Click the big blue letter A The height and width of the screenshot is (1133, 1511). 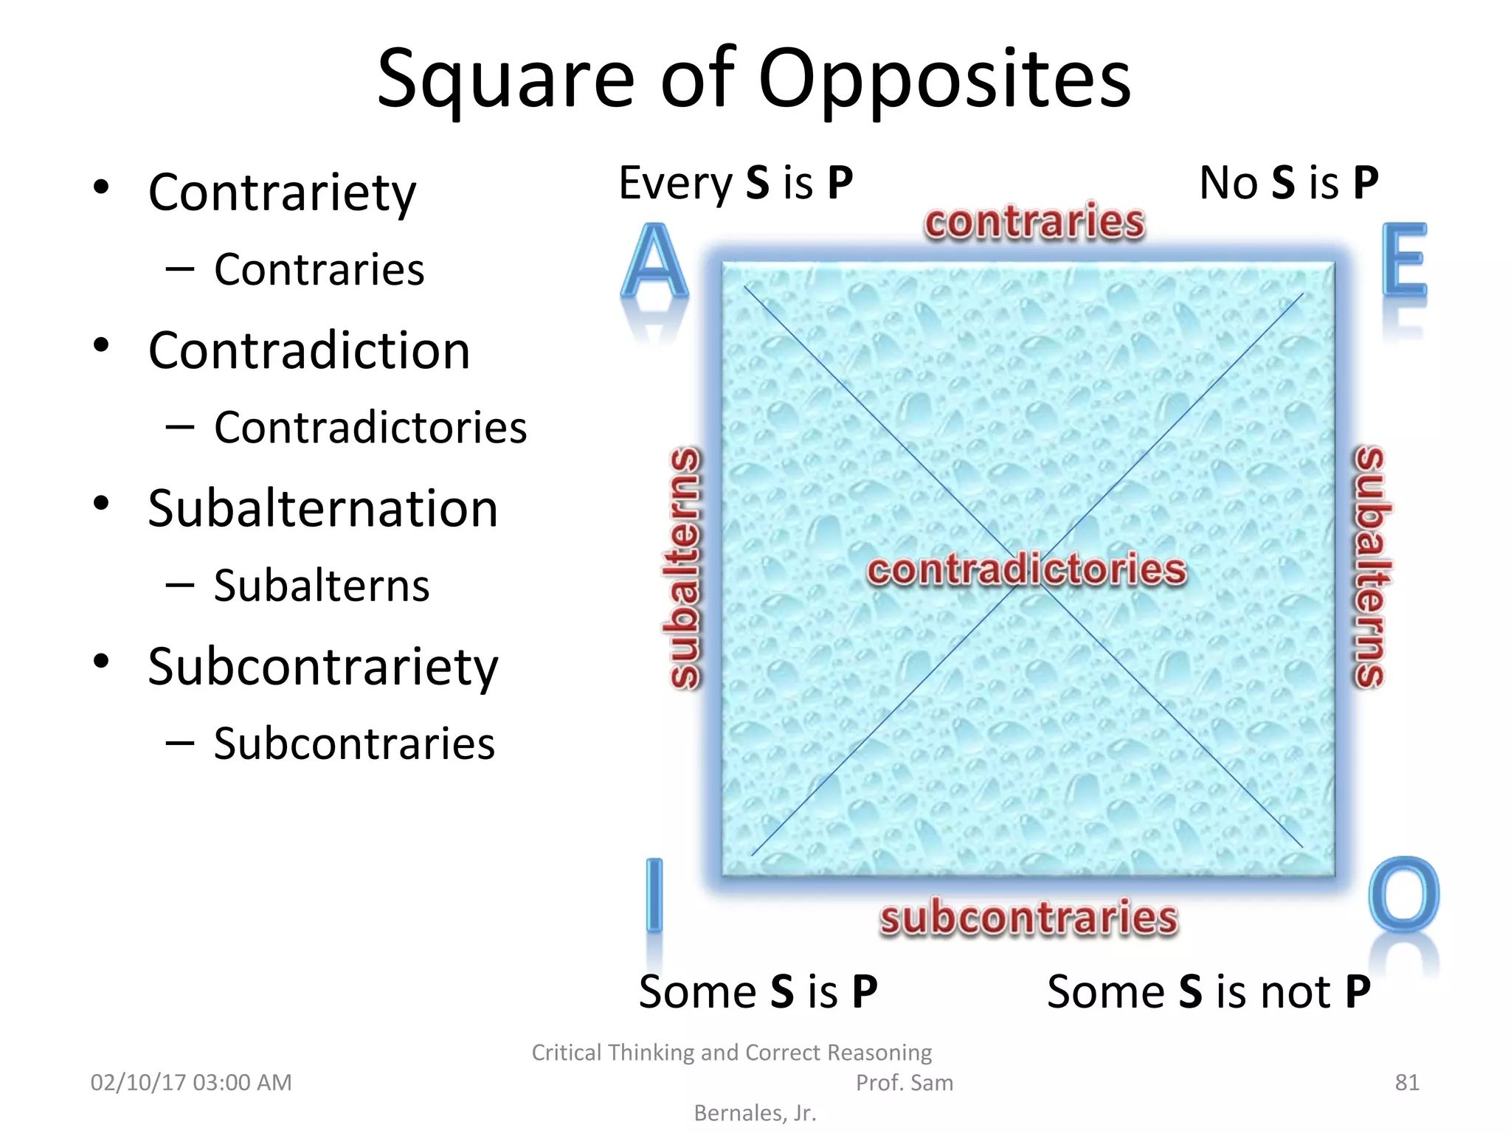click(x=654, y=262)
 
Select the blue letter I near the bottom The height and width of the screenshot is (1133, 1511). click(x=654, y=894)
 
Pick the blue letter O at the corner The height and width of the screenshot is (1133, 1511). click(x=1403, y=894)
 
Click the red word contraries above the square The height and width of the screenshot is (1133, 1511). click(x=1034, y=222)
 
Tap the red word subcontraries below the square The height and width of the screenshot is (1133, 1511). click(x=1028, y=918)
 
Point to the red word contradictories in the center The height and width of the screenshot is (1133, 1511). click(x=1026, y=570)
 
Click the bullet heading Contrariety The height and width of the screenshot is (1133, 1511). click(x=282, y=193)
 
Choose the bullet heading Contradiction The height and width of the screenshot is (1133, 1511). click(x=308, y=350)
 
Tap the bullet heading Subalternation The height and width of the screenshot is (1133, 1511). click(x=322, y=509)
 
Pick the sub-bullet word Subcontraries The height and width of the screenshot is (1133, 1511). click(x=354, y=744)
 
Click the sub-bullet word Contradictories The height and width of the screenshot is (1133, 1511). click(x=370, y=428)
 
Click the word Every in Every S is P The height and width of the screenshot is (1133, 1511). click(x=675, y=184)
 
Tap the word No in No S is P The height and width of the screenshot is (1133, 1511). click(x=1228, y=183)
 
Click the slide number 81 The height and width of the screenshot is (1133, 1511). click(x=1407, y=1082)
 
